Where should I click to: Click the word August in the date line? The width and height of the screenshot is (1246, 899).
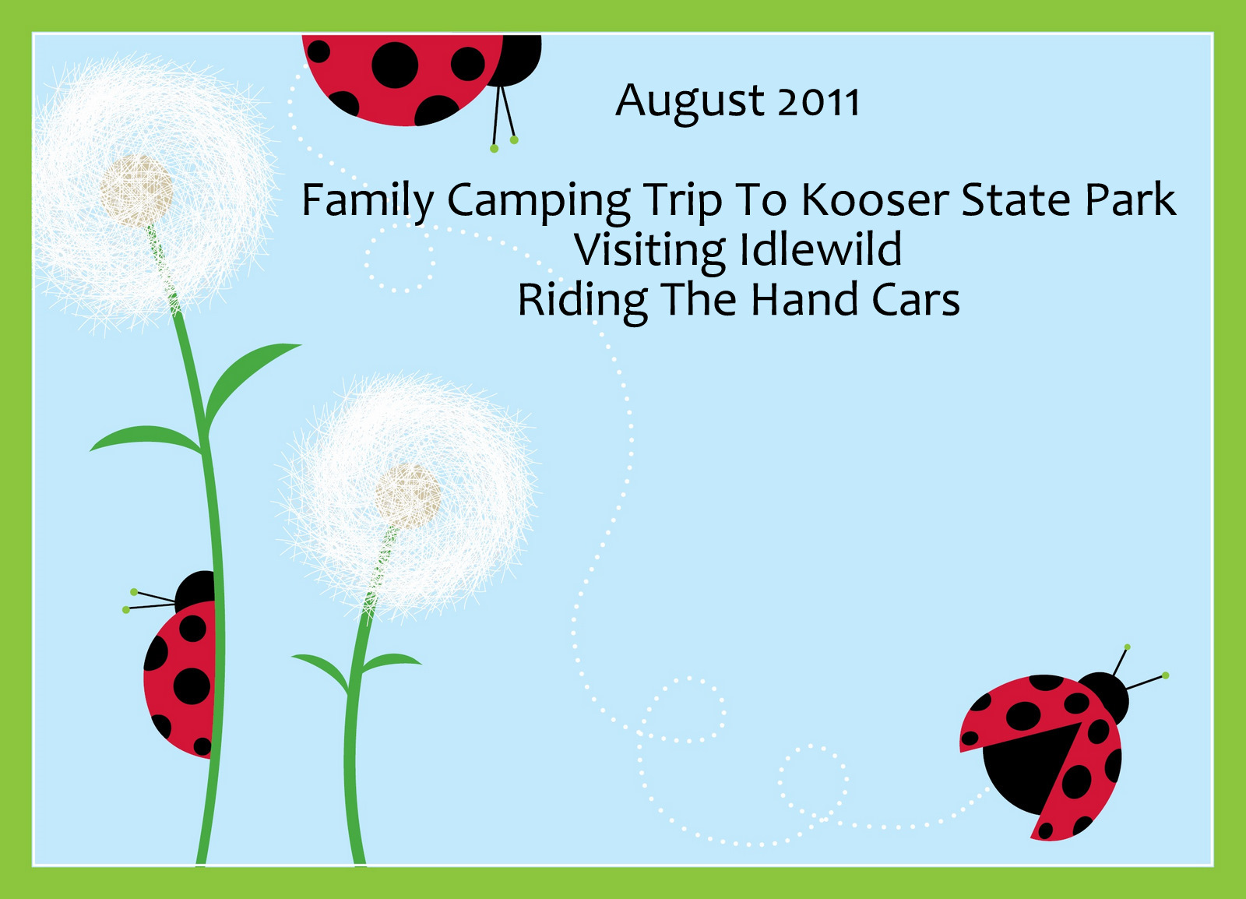(x=689, y=103)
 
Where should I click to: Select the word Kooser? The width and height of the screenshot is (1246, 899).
(x=875, y=199)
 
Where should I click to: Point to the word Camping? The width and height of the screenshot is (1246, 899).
(x=538, y=203)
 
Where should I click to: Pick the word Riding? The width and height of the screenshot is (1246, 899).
(x=583, y=303)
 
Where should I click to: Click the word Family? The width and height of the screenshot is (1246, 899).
(x=367, y=203)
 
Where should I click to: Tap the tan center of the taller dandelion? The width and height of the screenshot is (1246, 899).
(x=136, y=191)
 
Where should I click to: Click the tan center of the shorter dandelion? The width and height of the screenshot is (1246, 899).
(x=408, y=496)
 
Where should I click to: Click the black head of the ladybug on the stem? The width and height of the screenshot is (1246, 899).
(x=195, y=591)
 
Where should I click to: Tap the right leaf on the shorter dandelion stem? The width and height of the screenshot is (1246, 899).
(x=390, y=662)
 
